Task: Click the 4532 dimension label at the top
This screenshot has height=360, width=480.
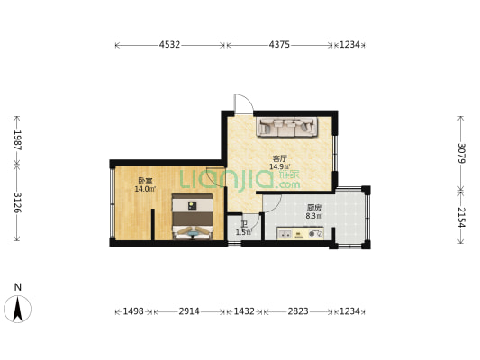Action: point(169,44)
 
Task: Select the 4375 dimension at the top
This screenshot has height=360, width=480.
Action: point(281,44)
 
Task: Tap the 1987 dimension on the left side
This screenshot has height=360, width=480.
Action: point(16,139)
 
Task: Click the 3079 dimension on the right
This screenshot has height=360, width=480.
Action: point(461,153)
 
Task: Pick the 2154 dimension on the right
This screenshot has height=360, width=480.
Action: point(461,218)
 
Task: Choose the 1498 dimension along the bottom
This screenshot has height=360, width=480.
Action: point(133,310)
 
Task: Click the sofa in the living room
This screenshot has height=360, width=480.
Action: point(285,128)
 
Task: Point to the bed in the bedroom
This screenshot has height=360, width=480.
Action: point(193,219)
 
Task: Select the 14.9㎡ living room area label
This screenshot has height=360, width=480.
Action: point(279,166)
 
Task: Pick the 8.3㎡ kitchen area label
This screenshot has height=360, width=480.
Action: point(314,216)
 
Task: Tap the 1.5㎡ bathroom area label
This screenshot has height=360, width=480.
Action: point(243,232)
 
